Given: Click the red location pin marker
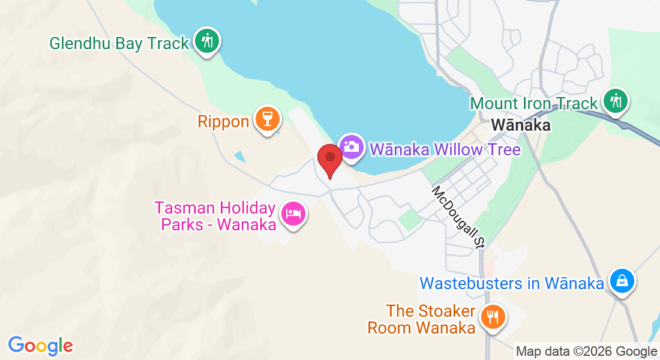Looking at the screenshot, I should (x=329, y=158).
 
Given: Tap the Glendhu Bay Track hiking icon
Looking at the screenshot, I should (x=207, y=41).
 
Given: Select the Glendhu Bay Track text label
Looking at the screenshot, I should (x=119, y=43).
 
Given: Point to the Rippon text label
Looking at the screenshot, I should (x=223, y=122).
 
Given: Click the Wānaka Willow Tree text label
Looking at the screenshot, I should (x=445, y=149).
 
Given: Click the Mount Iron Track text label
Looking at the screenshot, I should (x=534, y=103).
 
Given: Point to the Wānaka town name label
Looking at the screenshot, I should (x=521, y=125).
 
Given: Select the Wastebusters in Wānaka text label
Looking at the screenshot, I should (x=511, y=283).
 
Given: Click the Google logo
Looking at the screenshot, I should (x=41, y=346).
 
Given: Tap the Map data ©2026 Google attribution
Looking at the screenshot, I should (x=587, y=352).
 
